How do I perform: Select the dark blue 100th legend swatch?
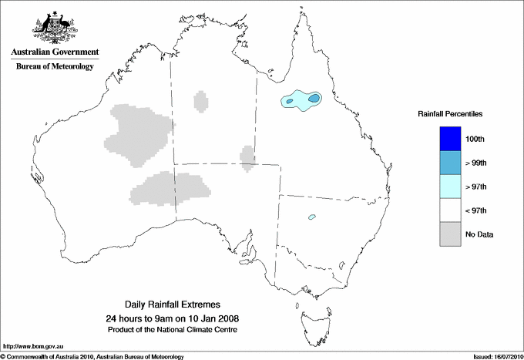[450, 139]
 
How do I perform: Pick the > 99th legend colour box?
[450, 163]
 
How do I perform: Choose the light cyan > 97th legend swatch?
[450, 187]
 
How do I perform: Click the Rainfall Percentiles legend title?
[450, 114]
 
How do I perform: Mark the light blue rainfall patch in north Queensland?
[301, 100]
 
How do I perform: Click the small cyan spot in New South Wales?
[312, 217]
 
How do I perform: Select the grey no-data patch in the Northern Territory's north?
[200, 101]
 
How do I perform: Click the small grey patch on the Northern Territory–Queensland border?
[247, 157]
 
